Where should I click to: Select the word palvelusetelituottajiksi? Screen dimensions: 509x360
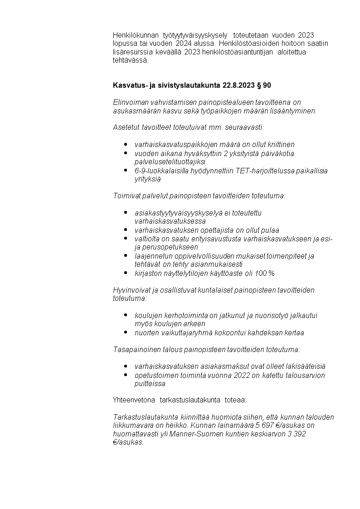tap(170, 162)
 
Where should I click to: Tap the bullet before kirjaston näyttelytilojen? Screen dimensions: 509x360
tap(125, 273)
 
